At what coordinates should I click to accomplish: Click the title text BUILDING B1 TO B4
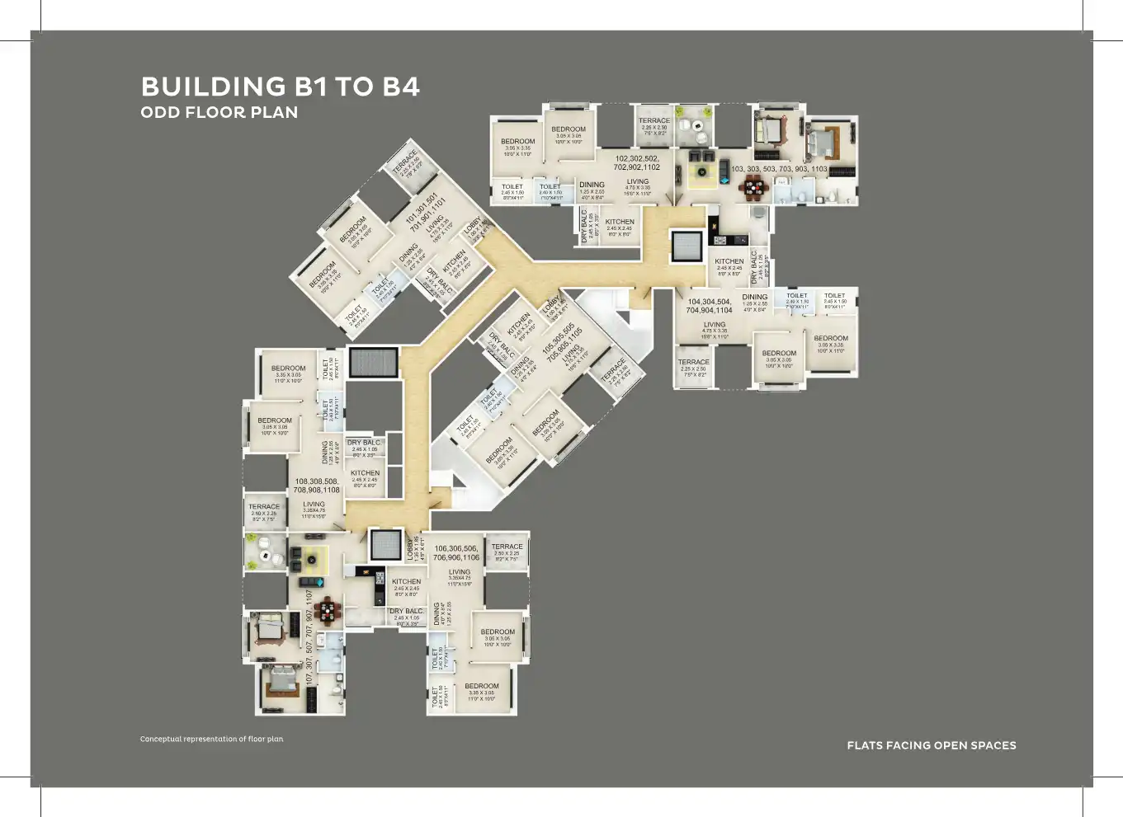tap(280, 87)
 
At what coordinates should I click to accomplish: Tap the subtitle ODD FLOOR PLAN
tap(219, 113)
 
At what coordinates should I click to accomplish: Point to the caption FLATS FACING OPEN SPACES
tap(932, 745)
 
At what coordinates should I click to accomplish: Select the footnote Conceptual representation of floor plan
tap(211, 739)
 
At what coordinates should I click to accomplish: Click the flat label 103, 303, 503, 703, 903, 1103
tap(779, 169)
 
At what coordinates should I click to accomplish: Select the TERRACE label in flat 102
tap(654, 121)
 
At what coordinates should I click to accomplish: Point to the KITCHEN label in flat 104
tap(729, 261)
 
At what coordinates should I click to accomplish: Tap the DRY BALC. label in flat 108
tap(364, 443)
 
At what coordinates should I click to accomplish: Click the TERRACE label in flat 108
tap(264, 507)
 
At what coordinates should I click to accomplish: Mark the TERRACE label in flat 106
tap(507, 547)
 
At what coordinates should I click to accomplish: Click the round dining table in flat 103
tap(754, 188)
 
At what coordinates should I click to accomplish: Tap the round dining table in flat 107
tap(328, 611)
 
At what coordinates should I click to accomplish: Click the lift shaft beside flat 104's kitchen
tap(687, 246)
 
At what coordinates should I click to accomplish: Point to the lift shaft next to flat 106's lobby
tap(385, 544)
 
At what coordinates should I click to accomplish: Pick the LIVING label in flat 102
tap(637, 181)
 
